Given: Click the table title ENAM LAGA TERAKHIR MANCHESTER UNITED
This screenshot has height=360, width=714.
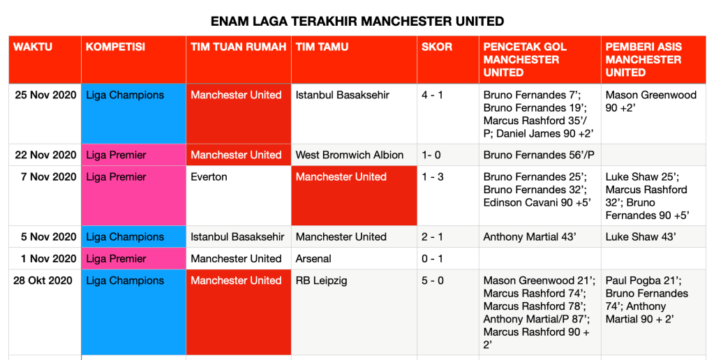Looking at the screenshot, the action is (357, 22).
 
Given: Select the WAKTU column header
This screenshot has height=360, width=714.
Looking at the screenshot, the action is (33, 47).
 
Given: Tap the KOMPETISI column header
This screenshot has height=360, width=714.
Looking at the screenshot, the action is (116, 47).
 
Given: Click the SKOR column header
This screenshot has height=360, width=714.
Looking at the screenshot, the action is (437, 47).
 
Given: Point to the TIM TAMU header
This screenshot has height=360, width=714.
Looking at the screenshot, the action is (322, 47).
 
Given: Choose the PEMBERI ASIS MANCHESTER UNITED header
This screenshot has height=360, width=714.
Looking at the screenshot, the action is (644, 59).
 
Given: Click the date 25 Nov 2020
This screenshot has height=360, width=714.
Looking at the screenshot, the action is (45, 95).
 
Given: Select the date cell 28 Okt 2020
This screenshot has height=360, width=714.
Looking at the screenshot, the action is (43, 280).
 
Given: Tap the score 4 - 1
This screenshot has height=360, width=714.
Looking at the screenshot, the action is (432, 95).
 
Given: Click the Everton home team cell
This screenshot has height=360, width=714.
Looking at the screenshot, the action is (209, 177).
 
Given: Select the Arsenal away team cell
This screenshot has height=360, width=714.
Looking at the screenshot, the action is (314, 259).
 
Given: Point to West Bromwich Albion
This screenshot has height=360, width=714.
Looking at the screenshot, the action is (350, 155).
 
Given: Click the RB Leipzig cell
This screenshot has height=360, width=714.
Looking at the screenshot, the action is (322, 280).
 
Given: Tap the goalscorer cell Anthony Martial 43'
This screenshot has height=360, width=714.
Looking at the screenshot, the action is (529, 237).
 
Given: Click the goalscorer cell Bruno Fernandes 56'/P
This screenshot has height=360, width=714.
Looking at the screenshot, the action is (539, 155).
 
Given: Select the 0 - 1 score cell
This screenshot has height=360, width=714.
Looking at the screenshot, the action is (432, 259).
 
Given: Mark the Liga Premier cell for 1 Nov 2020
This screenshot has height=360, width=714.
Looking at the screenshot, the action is (116, 259).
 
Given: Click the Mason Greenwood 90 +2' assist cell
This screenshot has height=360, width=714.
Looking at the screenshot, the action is (651, 101).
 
